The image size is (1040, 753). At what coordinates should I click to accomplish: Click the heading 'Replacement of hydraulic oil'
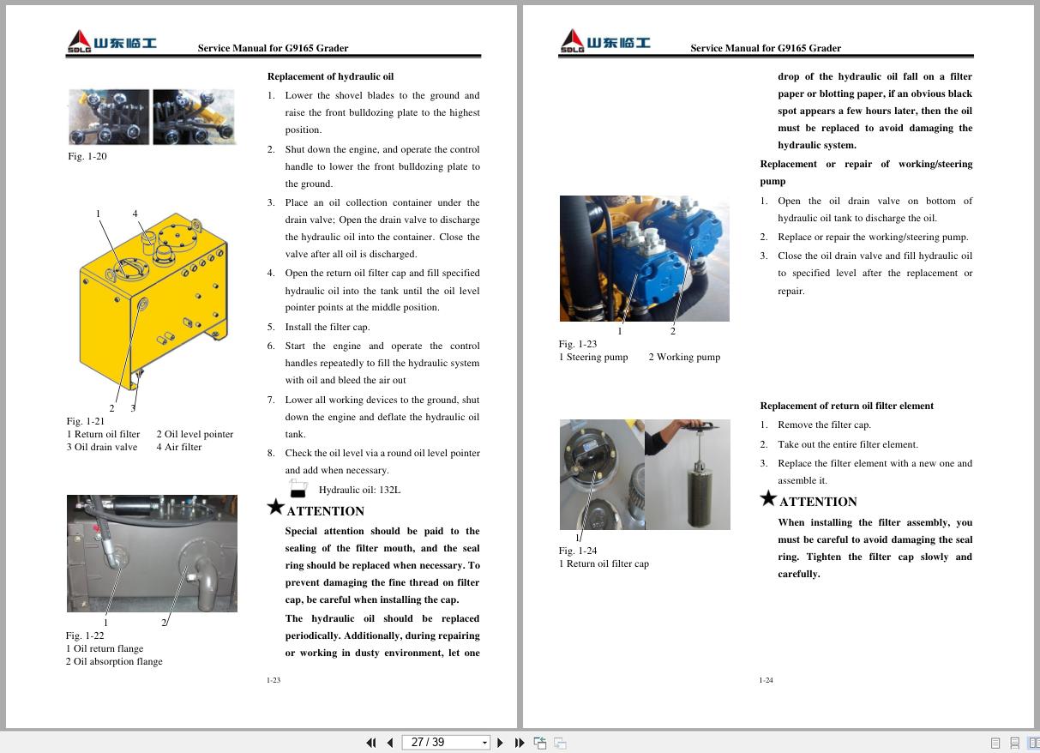tap(330, 76)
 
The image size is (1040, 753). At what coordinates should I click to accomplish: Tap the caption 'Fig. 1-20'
tap(87, 156)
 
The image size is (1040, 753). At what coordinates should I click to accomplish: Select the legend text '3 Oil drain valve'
tap(102, 447)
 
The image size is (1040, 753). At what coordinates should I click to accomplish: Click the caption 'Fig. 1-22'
tap(85, 636)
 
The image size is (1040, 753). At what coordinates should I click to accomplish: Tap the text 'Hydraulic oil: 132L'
tap(359, 490)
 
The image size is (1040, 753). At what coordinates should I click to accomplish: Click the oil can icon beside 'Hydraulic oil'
tap(298, 489)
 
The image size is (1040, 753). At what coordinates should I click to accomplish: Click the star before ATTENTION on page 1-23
tap(275, 508)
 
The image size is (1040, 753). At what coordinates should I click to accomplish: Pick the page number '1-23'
tap(274, 680)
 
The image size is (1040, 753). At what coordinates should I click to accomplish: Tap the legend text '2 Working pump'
tap(684, 357)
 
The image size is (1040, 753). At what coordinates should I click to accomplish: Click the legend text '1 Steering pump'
tap(593, 357)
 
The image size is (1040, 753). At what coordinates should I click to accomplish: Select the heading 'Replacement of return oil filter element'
tap(846, 406)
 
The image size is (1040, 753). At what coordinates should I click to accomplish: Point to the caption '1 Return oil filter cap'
tap(604, 563)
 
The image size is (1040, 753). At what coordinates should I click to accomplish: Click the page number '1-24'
tap(766, 680)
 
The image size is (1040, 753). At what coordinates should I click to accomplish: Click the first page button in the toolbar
tap(370, 743)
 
